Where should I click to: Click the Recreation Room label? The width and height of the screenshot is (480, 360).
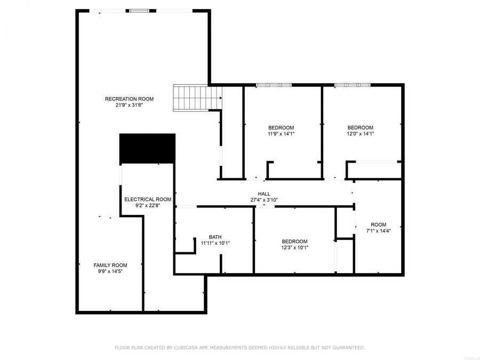(129, 99)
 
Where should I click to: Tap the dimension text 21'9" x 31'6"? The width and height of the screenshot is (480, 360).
(129, 105)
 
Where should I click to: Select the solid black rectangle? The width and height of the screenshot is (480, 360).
(147, 148)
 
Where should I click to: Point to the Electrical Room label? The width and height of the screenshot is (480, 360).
(148, 199)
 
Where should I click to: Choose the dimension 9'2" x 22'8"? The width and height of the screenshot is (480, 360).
(148, 205)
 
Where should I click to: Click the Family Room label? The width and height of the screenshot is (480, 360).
(110, 265)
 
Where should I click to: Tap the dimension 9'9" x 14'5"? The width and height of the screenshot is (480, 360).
(110, 271)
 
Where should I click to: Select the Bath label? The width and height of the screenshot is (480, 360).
(215, 237)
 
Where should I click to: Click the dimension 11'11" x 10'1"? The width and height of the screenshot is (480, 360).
(215, 243)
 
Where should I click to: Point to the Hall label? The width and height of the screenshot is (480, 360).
(264, 194)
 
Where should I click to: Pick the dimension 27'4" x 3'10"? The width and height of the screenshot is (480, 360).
(264, 201)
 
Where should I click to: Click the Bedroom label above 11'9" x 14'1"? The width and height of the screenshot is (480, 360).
(281, 127)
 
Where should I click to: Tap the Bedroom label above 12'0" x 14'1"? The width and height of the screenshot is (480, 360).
(361, 127)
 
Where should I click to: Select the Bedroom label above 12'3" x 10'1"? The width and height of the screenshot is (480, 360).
(294, 241)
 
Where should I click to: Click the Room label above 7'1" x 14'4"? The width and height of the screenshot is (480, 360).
(379, 225)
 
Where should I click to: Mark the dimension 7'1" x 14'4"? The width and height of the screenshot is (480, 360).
(379, 231)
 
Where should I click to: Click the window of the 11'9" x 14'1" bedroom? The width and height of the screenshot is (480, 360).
(274, 85)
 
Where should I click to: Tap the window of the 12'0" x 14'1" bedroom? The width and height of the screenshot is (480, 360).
(352, 85)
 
